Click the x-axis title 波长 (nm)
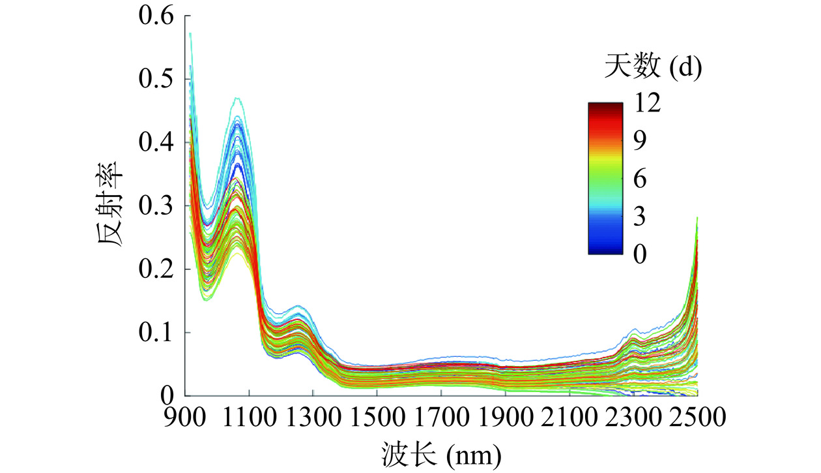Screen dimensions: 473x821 441,451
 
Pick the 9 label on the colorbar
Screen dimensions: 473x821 641,141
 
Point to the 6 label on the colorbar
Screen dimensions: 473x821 641,179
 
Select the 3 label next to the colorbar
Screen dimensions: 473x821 641,217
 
